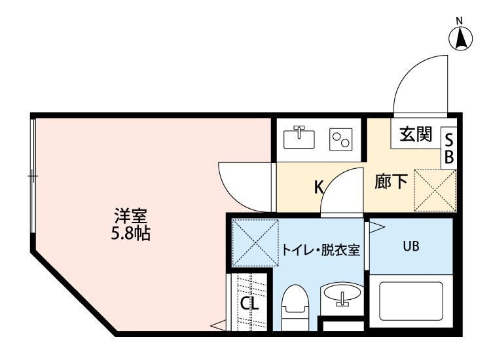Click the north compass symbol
461,37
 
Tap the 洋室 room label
130,215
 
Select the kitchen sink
299,137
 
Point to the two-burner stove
340,138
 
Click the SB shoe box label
449,148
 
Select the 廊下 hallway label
392,181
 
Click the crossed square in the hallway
434,190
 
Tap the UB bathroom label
410,247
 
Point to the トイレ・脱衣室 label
321,251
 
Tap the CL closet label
249,304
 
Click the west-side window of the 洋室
33,177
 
